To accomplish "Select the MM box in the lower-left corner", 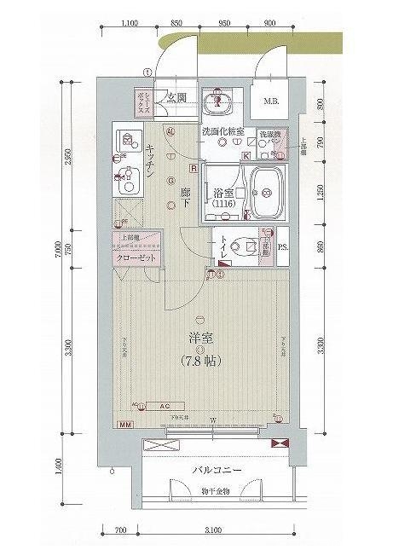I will point(125,424).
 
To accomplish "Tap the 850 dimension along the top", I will point(175,24).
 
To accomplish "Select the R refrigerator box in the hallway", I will point(194,169).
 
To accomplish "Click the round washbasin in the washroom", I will point(219,101).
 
